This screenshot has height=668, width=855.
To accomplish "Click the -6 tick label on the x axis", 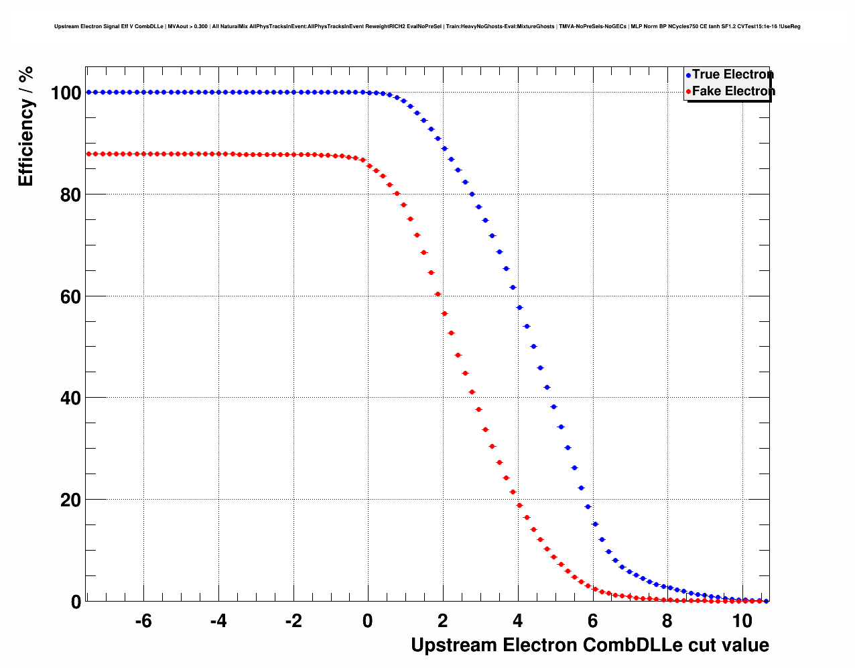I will pos(143,621).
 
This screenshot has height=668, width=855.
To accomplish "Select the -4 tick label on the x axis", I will pos(218,621).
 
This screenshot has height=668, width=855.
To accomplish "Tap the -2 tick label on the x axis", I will pos(293,621).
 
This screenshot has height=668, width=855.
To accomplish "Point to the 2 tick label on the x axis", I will pos(442,621).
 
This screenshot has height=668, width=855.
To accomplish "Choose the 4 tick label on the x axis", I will pos(517,621).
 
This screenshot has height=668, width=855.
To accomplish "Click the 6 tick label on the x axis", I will pos(592,621).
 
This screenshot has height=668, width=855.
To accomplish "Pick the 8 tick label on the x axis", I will pos(667,621).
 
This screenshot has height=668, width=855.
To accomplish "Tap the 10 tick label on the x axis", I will pos(742,621).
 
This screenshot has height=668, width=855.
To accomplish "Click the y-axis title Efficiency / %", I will pos(25,126).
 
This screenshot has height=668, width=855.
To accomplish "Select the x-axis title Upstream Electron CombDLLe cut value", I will pos(590,645).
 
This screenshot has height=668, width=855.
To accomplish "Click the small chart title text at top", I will pos(427,27).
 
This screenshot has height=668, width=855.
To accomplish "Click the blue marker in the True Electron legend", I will pos(688,75).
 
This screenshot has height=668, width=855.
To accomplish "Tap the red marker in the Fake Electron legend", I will pos(688,92).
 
